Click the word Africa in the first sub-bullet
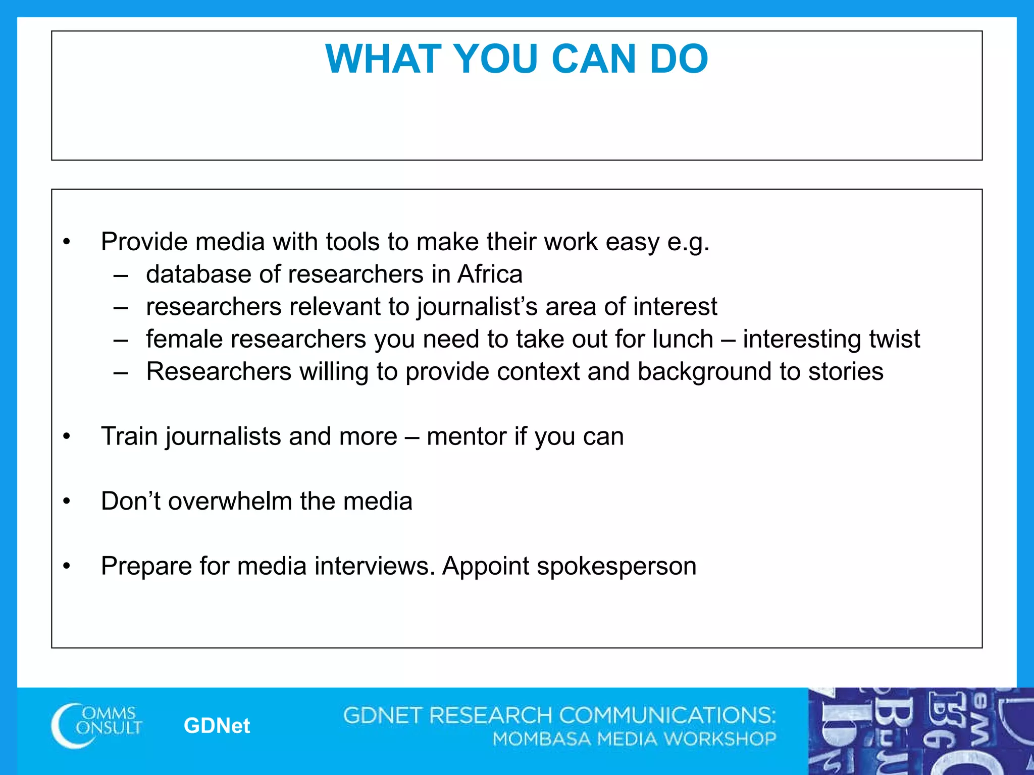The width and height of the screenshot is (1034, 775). point(490,274)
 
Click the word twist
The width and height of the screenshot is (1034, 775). point(894,339)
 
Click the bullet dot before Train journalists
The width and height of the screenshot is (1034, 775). point(67,437)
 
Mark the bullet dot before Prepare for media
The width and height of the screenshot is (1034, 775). point(67,567)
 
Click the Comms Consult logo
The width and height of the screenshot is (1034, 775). point(96,725)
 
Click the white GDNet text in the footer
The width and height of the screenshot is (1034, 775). point(217,726)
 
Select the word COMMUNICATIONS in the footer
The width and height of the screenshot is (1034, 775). point(666,715)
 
